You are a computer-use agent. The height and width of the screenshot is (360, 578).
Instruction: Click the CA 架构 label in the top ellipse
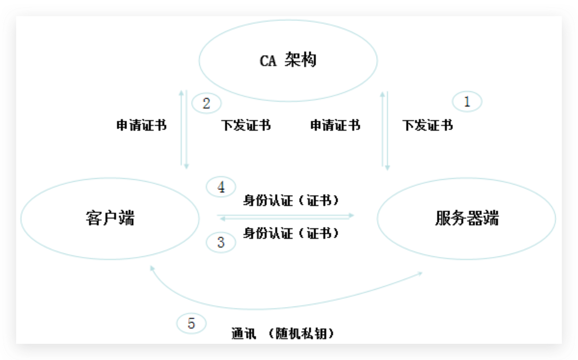coord(288,60)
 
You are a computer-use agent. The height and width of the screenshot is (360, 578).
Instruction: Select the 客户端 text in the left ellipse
coord(110,218)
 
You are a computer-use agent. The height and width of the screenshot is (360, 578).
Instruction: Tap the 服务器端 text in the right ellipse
coord(467,218)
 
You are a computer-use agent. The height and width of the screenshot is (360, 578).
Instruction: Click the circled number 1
coord(467,102)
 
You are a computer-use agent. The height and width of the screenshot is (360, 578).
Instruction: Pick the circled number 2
coord(206,104)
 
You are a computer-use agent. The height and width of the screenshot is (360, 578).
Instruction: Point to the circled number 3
coord(221,242)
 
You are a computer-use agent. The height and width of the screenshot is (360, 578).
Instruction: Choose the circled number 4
coord(221,187)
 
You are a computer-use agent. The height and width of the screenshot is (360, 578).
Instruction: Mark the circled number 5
coord(191,323)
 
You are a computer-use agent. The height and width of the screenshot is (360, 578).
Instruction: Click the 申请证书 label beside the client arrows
coord(141,125)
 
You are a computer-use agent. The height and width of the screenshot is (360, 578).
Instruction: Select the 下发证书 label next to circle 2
coord(246,125)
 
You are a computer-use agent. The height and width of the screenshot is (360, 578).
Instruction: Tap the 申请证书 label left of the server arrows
coord(335,125)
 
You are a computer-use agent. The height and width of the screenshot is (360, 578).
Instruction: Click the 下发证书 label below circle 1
coord(428,125)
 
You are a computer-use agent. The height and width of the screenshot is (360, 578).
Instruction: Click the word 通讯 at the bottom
coord(244,334)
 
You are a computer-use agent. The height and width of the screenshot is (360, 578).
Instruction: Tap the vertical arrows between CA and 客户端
coord(184,129)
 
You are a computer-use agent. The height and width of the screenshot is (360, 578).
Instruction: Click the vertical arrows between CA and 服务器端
coord(385,129)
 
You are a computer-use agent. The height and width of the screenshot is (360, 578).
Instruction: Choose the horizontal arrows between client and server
coord(286,217)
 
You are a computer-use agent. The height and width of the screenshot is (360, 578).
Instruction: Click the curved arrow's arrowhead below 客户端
coord(152,269)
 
